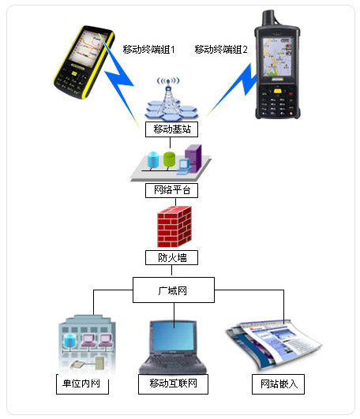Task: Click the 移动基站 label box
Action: [x=171, y=129]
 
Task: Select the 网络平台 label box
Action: [x=171, y=190]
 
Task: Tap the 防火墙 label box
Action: [x=171, y=257]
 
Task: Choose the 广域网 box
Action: [x=174, y=290]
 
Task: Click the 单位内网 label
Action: [x=82, y=384]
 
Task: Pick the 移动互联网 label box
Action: [x=173, y=384]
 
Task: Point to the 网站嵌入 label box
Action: [x=278, y=384]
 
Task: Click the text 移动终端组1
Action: [x=148, y=50]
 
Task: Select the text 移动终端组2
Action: [x=221, y=50]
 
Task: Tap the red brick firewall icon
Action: [x=174, y=226]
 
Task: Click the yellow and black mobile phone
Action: [x=84, y=62]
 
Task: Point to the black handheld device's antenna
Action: [x=268, y=17]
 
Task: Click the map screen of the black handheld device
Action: [x=277, y=56]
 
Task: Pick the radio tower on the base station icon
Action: [x=168, y=96]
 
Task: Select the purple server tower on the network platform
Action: [x=193, y=158]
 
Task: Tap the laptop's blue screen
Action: [x=174, y=336]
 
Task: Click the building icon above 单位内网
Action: [x=87, y=344]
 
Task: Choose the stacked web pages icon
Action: [x=273, y=345]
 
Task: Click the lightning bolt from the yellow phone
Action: [x=119, y=80]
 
